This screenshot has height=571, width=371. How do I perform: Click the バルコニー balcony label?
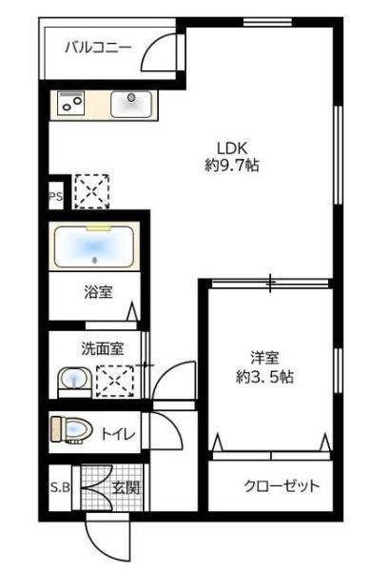click(x=98, y=47)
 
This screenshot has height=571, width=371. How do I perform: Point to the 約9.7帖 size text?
click(x=232, y=165)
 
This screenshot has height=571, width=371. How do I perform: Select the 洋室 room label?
click(x=264, y=358)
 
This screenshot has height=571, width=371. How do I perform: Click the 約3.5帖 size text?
click(x=264, y=375)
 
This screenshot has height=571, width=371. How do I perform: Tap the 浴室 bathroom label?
click(x=99, y=292)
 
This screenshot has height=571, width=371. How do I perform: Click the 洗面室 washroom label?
click(x=101, y=348)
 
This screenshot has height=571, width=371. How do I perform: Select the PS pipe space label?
click(x=55, y=198)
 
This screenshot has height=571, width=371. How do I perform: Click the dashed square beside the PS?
click(x=91, y=189)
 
